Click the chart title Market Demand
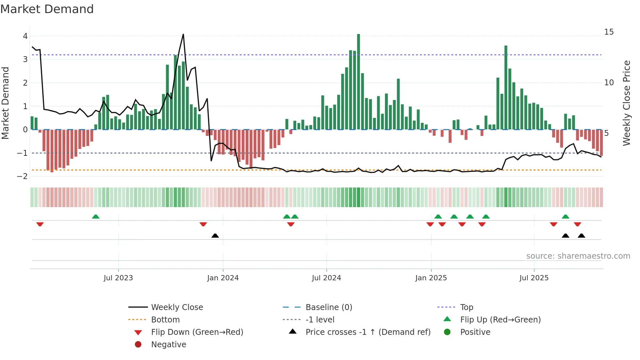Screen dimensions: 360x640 (47, 9)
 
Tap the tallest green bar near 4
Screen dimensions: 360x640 (358, 82)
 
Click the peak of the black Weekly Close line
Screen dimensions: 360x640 (183, 34)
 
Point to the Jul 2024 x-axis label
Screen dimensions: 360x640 (326, 278)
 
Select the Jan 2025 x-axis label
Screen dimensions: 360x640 (431, 278)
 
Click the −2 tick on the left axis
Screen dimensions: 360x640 (23, 176)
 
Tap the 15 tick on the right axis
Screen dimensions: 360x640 (609, 32)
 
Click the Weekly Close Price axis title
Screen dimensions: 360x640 (626, 103)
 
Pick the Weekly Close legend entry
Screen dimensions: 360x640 (177, 307)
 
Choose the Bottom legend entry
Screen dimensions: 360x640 (165, 320)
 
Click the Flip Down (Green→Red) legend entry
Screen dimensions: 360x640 (197, 332)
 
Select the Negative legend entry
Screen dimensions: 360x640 (168, 345)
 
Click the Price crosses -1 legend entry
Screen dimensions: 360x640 (368, 332)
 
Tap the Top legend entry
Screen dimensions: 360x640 (466, 307)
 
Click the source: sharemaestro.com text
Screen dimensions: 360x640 (578, 256)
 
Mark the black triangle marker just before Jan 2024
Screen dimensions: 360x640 (215, 236)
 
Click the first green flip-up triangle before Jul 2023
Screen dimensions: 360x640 (96, 217)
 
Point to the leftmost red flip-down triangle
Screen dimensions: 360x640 (40, 224)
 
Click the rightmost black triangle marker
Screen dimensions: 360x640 (581, 236)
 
